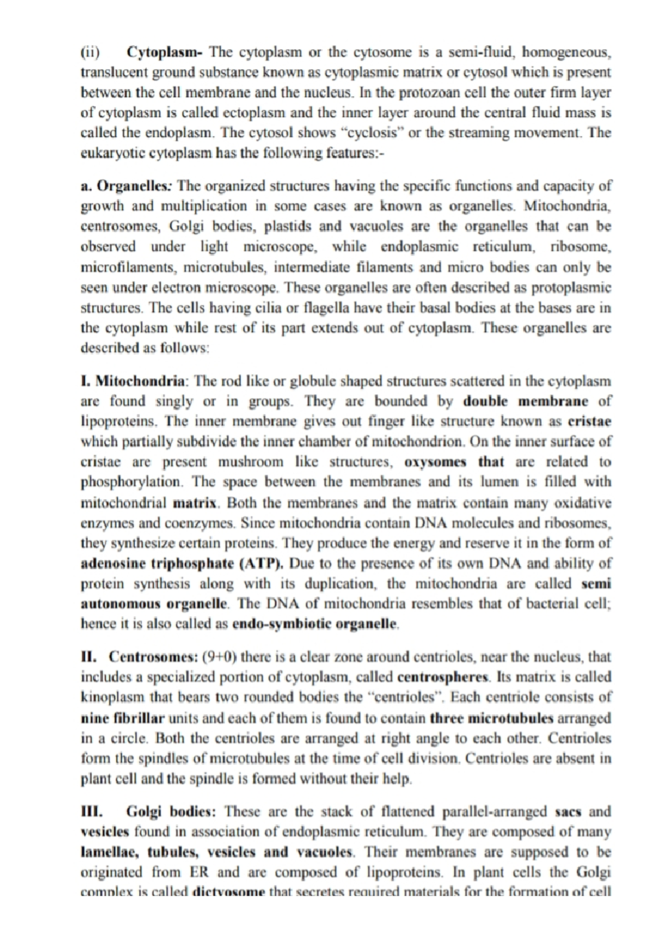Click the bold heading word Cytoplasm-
pos(164,53)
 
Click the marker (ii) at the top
pos(90,53)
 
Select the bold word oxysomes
pos(435,462)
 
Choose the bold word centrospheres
pos(444,677)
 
